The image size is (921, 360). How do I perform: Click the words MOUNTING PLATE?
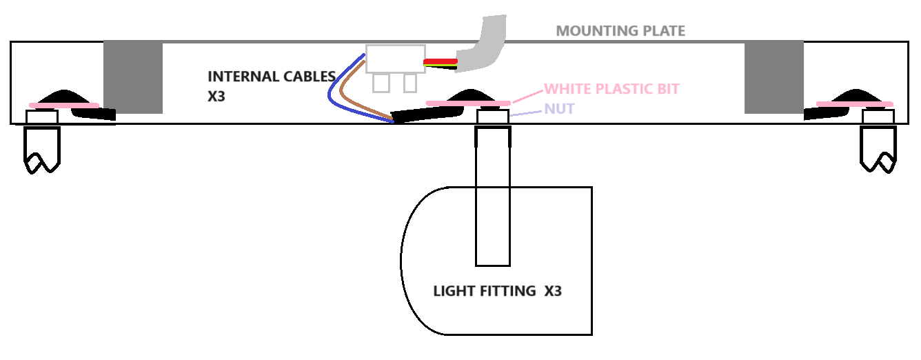[620, 31]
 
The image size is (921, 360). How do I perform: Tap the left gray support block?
[133, 76]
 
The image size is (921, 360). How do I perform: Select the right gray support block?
[773, 76]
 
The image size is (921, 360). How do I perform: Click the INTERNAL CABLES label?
[272, 77]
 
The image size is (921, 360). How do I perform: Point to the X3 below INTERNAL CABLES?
[216, 97]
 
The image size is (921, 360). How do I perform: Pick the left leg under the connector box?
[381, 83]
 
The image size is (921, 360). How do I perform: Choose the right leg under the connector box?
[410, 83]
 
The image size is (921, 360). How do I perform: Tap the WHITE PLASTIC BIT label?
[611, 89]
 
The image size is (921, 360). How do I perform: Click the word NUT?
[559, 109]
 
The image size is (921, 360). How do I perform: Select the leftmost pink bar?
[64, 106]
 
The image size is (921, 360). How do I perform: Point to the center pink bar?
[469, 103]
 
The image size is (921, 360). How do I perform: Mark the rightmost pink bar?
[854, 104]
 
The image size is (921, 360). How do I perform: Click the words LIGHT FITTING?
[484, 291]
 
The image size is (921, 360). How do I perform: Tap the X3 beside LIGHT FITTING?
[553, 291]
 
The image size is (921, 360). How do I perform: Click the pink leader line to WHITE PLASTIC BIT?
[527, 96]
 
